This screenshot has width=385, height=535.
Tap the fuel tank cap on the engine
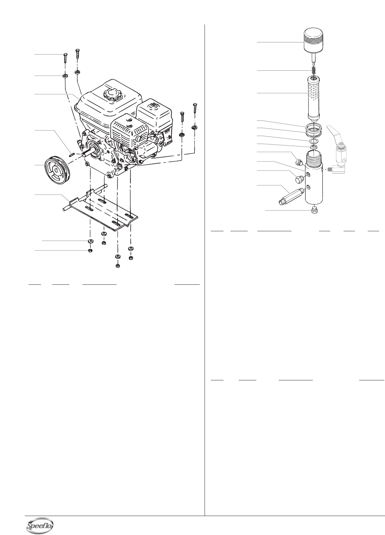111,93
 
